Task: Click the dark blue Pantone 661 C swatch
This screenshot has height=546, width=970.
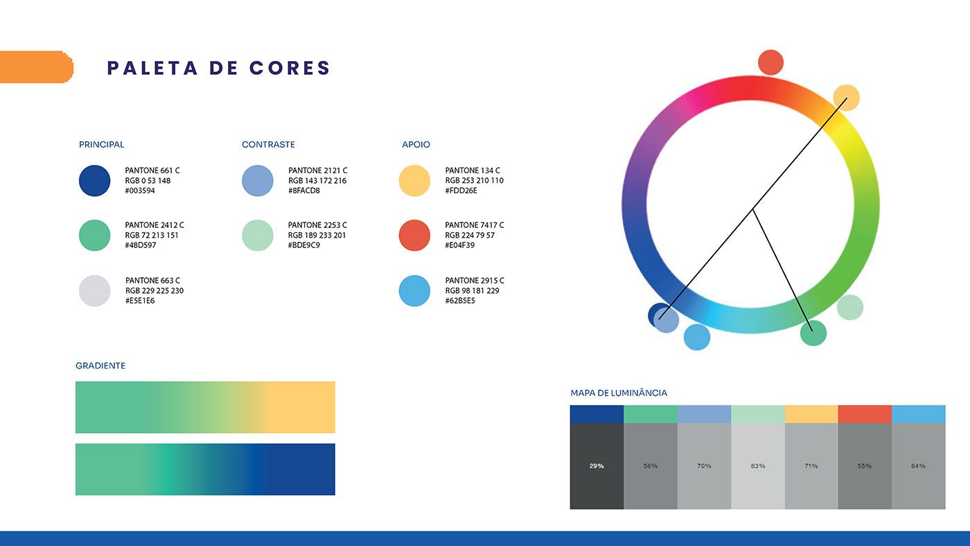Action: (94, 181)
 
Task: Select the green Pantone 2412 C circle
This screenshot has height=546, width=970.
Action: (94, 235)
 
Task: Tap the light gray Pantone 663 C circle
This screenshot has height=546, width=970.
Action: (94, 290)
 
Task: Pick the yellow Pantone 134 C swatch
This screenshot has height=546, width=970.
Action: (414, 181)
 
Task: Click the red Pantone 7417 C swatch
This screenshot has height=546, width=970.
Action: (414, 235)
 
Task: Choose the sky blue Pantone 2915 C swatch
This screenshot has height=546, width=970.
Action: (414, 290)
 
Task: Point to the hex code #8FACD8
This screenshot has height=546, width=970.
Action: (304, 191)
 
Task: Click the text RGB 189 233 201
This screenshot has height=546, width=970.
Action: (317, 235)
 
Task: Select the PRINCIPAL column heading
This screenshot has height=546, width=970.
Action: (101, 144)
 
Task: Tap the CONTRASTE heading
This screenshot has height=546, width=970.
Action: (268, 144)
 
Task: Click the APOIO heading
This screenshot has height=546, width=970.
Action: (416, 144)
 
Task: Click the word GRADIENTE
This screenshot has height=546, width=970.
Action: (100, 365)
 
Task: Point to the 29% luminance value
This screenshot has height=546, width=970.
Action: (597, 466)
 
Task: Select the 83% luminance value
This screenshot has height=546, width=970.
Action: (758, 466)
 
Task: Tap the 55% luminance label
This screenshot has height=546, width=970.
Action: (865, 466)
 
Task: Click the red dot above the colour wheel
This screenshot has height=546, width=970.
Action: (770, 62)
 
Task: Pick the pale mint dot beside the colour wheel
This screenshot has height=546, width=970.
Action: (849, 308)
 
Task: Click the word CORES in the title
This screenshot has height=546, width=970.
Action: (290, 68)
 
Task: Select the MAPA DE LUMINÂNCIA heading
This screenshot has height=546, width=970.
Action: (618, 393)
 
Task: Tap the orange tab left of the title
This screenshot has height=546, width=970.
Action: (36, 67)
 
